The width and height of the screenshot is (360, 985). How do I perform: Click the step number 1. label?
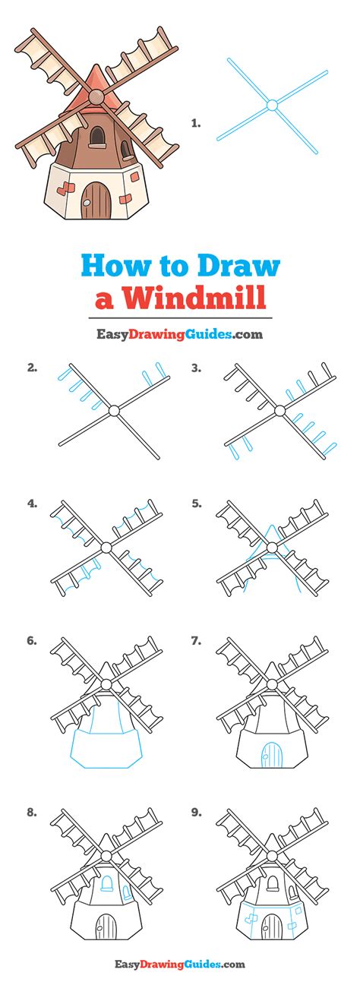(196, 124)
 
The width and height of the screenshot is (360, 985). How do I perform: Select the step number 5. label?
(197, 504)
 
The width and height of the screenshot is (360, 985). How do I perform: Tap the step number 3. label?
(197, 368)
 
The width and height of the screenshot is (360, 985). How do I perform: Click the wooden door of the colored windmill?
(96, 200)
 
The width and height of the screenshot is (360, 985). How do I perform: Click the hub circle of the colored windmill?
(96, 96)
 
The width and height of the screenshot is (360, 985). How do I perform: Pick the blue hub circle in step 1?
(272, 105)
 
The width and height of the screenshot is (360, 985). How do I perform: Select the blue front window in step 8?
(107, 882)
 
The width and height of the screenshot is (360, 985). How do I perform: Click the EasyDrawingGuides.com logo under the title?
(180, 335)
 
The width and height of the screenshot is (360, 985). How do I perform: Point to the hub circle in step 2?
(114, 411)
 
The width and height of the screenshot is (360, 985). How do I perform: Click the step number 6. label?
(32, 641)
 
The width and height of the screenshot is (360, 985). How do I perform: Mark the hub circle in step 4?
(106, 548)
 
